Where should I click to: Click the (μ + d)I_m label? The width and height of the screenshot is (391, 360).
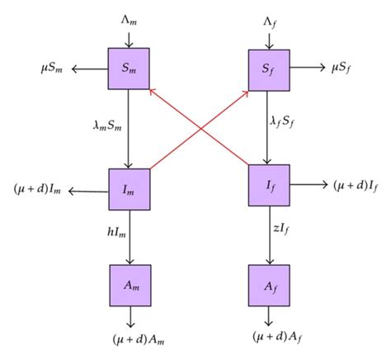coord(37,190)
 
